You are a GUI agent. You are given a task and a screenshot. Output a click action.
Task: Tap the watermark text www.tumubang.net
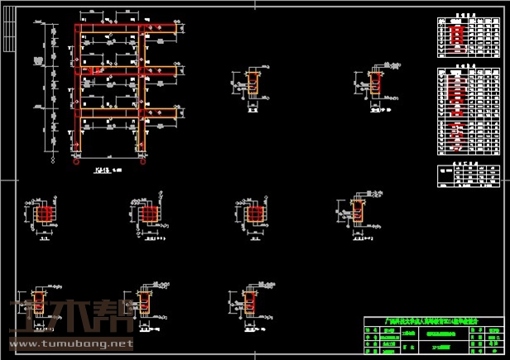click(70, 342)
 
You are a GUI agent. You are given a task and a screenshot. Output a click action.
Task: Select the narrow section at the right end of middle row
click(358, 213)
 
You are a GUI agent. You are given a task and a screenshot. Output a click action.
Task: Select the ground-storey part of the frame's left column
click(78, 137)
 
